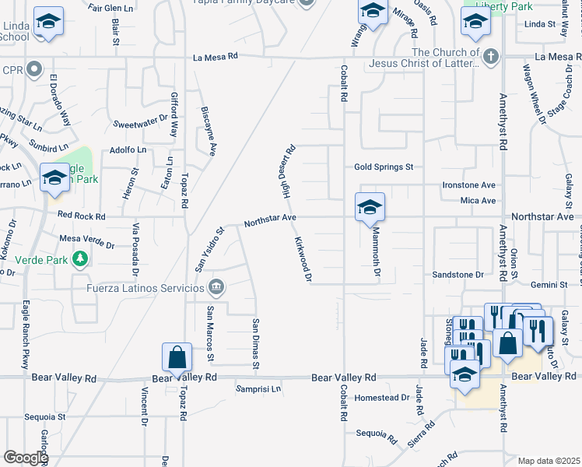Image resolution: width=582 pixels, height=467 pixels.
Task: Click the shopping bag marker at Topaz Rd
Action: coord(177,358)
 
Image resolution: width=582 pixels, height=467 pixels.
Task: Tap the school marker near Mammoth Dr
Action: coord(370,207)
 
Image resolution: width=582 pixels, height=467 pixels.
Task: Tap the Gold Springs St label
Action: coord(384,167)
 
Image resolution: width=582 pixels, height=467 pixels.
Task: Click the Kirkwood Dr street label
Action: coord(303,260)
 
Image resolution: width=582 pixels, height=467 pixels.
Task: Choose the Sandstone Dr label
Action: coord(458,275)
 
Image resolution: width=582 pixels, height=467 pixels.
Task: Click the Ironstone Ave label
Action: coord(468,185)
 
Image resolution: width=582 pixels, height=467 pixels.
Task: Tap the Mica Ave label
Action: coord(478,201)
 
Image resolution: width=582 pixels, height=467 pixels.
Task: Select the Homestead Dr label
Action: coord(382,397)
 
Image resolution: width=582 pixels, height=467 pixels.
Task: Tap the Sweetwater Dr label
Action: coord(140,124)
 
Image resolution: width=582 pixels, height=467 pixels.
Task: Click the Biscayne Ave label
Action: coord(207,132)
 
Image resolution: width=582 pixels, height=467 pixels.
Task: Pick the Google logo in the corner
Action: coord(26,458)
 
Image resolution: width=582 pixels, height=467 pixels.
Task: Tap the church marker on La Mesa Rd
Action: coord(490,56)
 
